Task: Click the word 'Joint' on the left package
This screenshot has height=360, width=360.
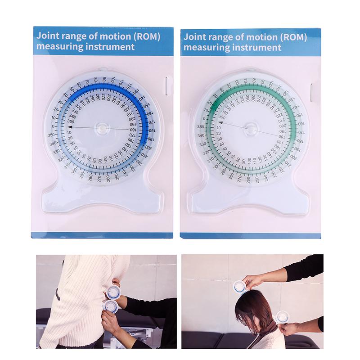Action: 48,36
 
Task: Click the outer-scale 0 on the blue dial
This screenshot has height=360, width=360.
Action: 53,127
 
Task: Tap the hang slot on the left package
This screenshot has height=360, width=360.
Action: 166,86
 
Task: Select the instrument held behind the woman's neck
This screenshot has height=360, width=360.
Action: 282,317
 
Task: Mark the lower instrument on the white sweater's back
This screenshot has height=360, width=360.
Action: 111,306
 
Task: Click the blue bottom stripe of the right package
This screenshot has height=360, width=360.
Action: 250,235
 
